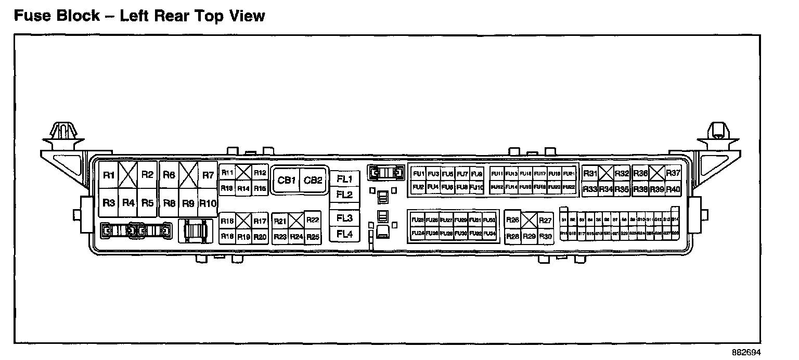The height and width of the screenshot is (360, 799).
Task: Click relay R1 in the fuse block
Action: [x=108, y=175]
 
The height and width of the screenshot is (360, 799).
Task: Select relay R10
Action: [x=208, y=203]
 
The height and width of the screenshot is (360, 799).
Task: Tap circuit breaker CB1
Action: [x=287, y=181]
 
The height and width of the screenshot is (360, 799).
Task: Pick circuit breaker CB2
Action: [x=313, y=181]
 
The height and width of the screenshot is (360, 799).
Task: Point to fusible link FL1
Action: [x=344, y=179]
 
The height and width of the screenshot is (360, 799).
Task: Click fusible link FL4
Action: [x=344, y=234]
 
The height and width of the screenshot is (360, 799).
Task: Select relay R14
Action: [x=243, y=188]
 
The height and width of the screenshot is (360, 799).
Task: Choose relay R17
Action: [x=260, y=221]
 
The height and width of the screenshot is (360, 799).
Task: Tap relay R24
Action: [x=297, y=237]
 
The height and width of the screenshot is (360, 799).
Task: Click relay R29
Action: [x=529, y=237]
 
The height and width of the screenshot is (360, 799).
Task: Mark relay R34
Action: [x=605, y=189]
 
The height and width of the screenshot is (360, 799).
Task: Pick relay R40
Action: [x=673, y=189]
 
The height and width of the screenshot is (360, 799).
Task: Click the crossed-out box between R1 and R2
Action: [x=128, y=175]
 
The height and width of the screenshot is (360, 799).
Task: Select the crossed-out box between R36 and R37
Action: [x=658, y=173]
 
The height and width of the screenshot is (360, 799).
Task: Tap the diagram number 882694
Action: [x=746, y=352]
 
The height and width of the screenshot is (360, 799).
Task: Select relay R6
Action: [x=169, y=175]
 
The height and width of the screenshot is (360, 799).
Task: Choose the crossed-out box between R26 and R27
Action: [x=529, y=221]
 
